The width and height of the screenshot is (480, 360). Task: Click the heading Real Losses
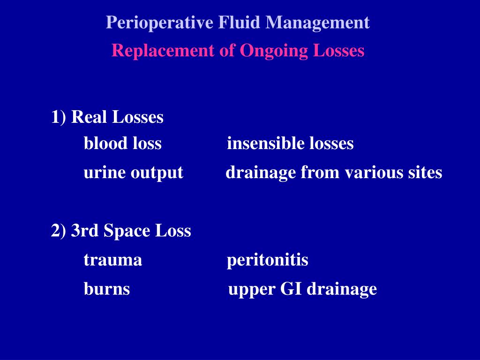click(117, 117)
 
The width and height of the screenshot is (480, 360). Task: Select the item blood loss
click(123, 143)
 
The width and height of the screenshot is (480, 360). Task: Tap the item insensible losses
click(290, 143)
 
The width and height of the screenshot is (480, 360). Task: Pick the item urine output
click(133, 173)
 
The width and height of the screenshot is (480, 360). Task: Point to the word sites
click(424, 173)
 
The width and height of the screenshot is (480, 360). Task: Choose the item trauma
click(113, 260)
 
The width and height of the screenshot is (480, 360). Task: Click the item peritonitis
click(268, 260)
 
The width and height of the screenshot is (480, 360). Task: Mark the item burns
click(107, 289)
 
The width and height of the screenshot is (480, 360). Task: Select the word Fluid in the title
click(241, 22)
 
